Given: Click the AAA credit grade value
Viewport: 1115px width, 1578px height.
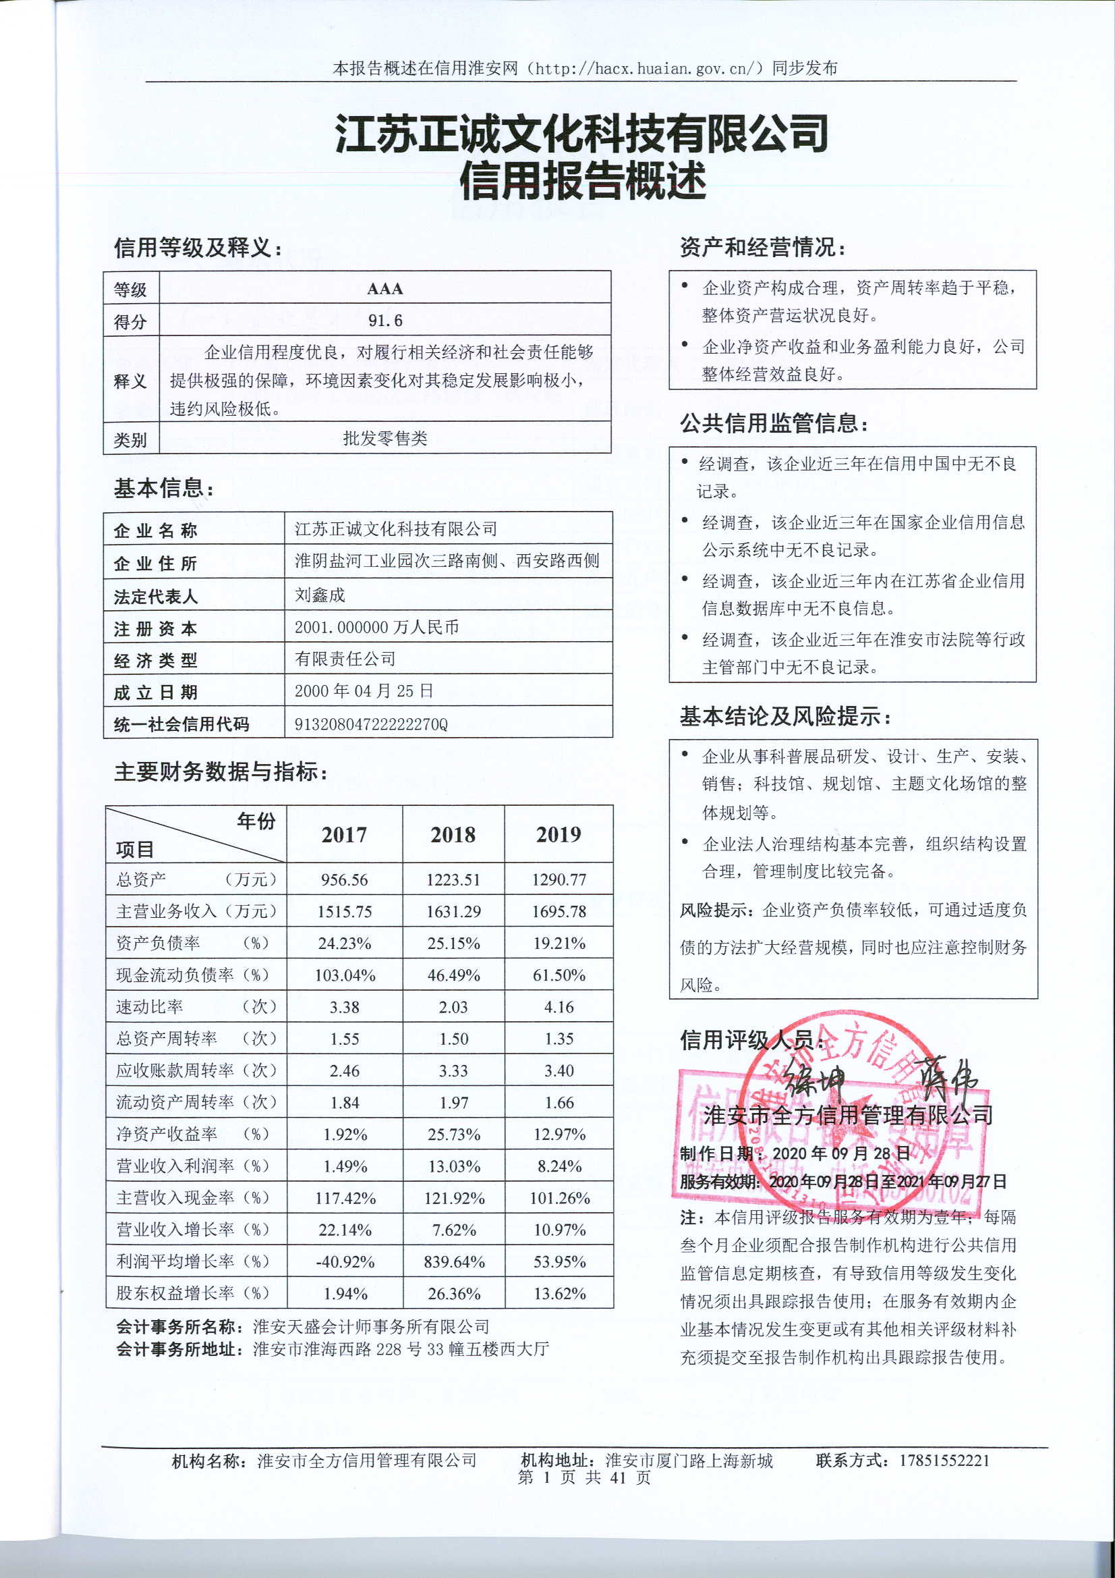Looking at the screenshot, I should point(384,289).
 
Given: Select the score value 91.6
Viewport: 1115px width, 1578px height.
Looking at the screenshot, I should point(384,321).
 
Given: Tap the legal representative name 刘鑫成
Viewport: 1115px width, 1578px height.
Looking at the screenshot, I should point(320,595).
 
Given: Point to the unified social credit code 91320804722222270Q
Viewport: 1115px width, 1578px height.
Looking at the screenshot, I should point(371,724).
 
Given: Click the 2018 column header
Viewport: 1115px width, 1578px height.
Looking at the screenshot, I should point(453,834).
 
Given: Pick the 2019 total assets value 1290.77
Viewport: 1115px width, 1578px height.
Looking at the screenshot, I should point(559,879).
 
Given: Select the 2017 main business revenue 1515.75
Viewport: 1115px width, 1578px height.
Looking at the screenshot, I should point(344,911).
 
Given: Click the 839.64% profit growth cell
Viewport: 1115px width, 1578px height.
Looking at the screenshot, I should point(454,1262).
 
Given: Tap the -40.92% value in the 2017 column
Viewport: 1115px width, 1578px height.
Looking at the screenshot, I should point(345,1262).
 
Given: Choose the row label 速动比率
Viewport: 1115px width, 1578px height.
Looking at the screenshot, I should point(150,1007).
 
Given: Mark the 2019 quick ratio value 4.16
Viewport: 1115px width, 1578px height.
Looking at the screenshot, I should point(559,1007).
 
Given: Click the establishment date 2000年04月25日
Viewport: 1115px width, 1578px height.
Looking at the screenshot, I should point(364,690).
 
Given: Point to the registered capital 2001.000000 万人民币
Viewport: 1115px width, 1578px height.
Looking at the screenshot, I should point(376,627).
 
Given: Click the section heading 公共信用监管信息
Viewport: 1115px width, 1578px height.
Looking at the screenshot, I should point(773,423).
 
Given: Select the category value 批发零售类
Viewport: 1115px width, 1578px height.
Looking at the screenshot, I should point(384,439).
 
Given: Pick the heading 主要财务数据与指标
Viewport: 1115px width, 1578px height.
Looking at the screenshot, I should point(220,772).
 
